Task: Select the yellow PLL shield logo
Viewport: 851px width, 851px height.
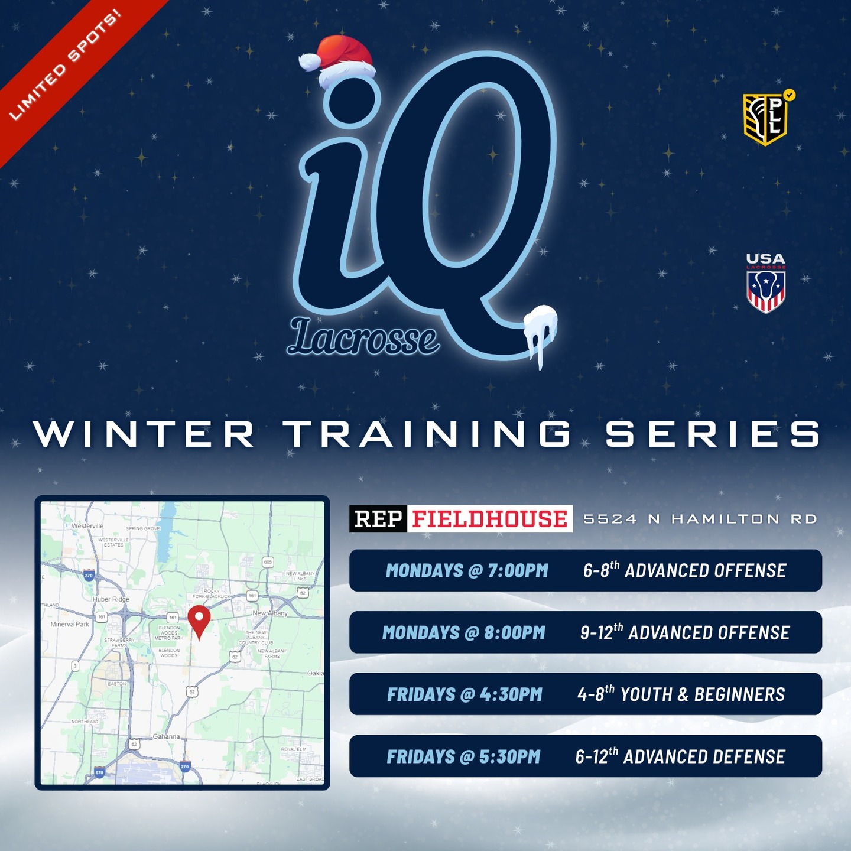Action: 766,119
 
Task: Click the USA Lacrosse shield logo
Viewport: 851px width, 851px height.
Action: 766,284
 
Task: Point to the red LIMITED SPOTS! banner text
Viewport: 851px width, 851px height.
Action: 65,65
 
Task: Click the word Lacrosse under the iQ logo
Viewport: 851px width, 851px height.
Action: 363,339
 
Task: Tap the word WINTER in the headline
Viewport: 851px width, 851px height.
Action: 144,434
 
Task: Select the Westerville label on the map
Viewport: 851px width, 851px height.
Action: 87,525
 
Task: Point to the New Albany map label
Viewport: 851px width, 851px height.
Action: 270,613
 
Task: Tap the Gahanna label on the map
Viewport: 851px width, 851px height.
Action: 166,736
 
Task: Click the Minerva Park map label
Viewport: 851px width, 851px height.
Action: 70,624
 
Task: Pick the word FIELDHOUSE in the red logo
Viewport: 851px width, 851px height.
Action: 489,519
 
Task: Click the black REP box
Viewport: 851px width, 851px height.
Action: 378,519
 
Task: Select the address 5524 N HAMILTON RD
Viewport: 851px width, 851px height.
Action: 700,519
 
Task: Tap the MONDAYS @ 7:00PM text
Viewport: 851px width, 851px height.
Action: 467,570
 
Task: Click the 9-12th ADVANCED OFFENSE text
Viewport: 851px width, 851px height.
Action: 685,632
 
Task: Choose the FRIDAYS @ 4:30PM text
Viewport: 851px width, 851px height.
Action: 465,694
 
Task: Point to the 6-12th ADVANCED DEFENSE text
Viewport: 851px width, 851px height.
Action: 680,756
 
